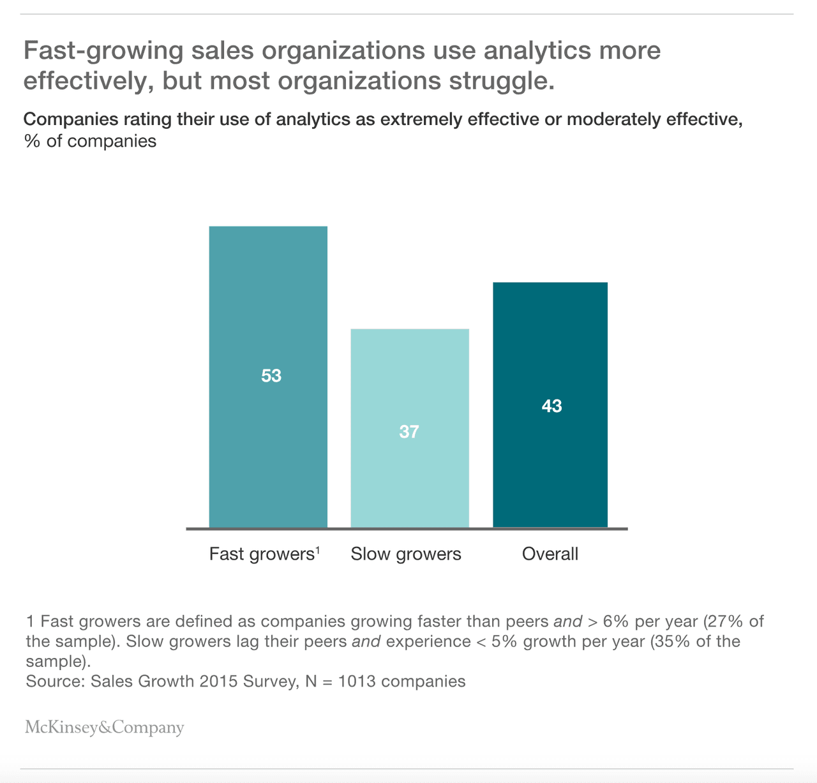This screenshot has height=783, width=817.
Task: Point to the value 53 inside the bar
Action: tap(271, 376)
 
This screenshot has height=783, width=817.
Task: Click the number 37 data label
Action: tap(409, 432)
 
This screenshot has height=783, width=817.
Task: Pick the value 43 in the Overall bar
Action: tap(551, 406)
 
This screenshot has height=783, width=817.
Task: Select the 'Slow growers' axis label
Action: tap(406, 554)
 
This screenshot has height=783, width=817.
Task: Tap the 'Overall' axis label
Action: tap(550, 554)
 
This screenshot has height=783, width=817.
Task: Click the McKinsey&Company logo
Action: tap(105, 727)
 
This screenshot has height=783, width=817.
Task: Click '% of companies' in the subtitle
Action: tap(91, 141)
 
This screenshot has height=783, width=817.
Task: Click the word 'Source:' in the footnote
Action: tap(56, 681)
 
